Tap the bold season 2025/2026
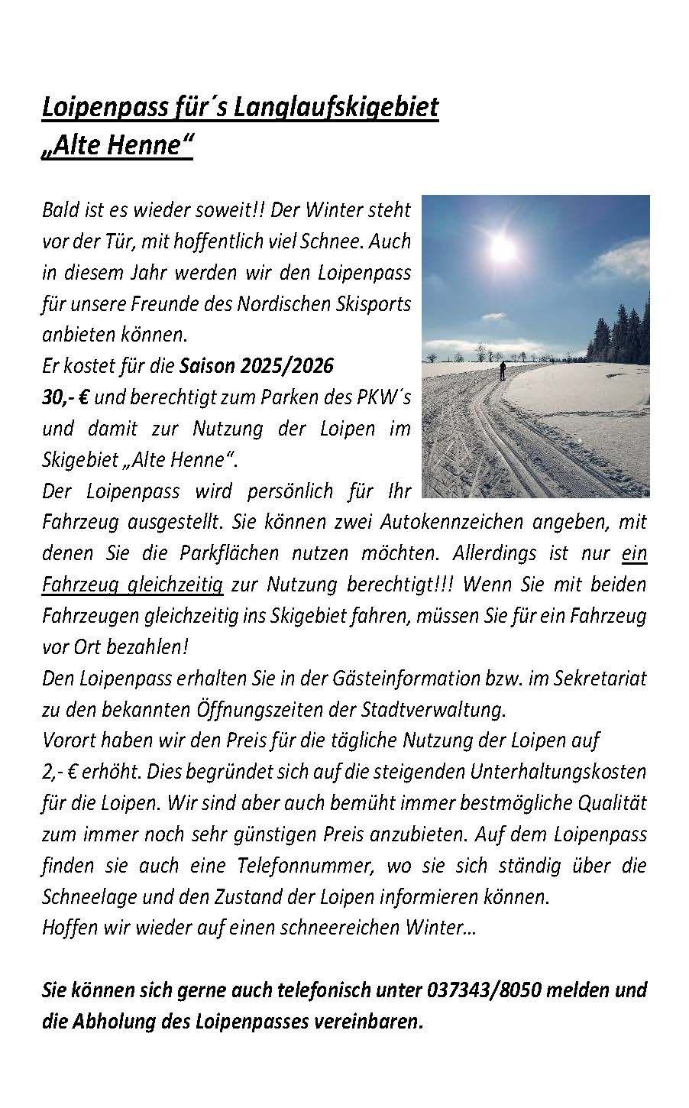point(286,365)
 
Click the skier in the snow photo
point(503,371)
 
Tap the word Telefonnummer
point(309,865)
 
